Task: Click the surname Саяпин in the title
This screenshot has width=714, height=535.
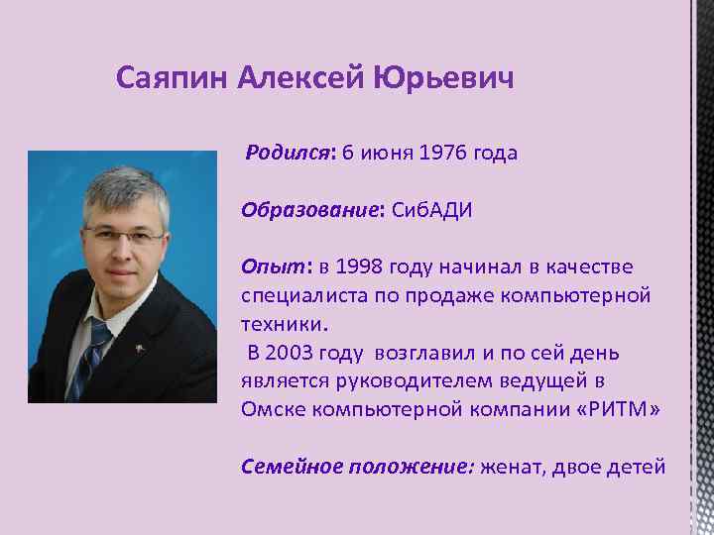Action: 174,77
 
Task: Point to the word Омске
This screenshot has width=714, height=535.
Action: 269,409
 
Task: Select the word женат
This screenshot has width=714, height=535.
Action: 513,466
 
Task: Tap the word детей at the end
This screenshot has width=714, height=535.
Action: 635,466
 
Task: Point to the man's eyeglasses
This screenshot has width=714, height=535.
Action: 125,236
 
